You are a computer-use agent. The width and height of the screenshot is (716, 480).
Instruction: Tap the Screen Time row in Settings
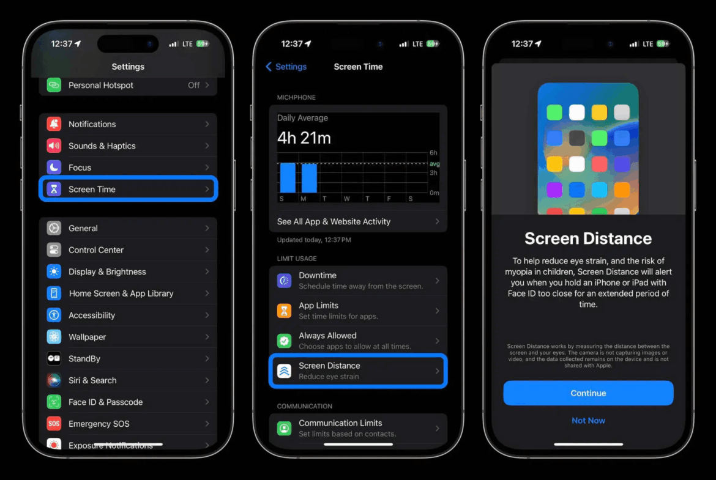click(x=128, y=189)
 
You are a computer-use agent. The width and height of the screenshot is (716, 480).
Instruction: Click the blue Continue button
click(x=588, y=393)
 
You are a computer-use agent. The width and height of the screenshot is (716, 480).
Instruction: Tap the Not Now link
click(x=588, y=421)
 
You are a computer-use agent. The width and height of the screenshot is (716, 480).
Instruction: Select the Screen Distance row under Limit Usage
click(x=358, y=371)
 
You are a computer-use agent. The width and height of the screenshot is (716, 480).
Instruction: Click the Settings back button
click(x=286, y=67)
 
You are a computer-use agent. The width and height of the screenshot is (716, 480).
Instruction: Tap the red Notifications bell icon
click(x=54, y=124)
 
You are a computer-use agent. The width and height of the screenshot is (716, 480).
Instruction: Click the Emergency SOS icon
click(x=54, y=424)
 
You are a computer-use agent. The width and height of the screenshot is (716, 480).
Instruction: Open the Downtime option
click(x=358, y=281)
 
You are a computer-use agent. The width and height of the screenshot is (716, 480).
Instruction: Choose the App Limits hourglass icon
click(x=284, y=311)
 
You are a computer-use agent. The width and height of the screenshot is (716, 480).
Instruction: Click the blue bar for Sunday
click(x=288, y=178)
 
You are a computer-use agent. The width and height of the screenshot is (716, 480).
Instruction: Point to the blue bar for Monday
click(x=309, y=178)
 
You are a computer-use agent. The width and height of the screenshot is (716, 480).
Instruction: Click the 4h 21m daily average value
click(x=304, y=138)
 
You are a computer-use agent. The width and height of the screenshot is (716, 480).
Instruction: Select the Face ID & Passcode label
click(x=105, y=402)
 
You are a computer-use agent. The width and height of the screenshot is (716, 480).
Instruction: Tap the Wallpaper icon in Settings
click(x=54, y=337)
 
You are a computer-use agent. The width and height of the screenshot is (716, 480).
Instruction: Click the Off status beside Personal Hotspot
click(x=193, y=86)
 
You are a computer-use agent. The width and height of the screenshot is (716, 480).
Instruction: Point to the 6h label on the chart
click(x=433, y=153)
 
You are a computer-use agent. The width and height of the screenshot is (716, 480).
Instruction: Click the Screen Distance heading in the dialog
click(x=588, y=238)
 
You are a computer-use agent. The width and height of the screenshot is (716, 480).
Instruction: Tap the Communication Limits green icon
click(x=284, y=428)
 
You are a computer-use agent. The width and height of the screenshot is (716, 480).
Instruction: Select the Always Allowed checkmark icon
click(x=284, y=341)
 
